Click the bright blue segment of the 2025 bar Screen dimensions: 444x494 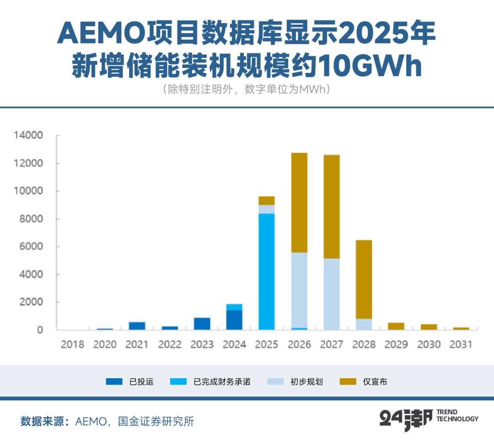(x=267, y=271)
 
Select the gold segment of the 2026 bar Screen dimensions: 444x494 (x=299, y=202)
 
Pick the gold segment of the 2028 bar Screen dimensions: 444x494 (x=364, y=279)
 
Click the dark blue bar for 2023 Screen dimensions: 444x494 (x=202, y=324)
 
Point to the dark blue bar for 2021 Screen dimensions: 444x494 (x=137, y=326)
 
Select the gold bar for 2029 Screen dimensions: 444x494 (x=396, y=326)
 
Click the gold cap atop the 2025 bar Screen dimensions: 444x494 (x=267, y=201)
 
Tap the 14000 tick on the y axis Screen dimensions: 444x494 (x=28, y=136)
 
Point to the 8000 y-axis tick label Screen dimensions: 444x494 (x=30, y=219)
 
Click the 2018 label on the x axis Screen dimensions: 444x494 (x=72, y=344)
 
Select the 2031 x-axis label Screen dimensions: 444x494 (x=461, y=344)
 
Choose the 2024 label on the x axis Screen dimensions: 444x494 (x=234, y=344)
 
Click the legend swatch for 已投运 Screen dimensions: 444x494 (x=114, y=381)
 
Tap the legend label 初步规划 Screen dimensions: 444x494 (x=306, y=381)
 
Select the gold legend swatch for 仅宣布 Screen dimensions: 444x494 (x=349, y=381)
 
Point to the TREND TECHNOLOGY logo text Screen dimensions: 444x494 (x=457, y=415)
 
